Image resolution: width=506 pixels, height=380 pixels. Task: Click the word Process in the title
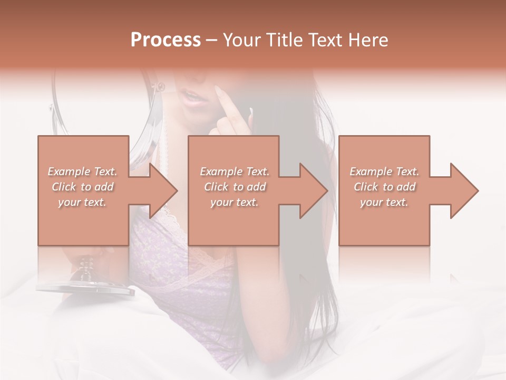(x=166, y=40)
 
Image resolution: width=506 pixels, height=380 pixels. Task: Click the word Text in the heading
(x=324, y=40)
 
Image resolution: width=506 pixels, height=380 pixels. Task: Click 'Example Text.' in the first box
(x=82, y=172)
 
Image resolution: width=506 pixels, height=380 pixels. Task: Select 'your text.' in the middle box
(x=234, y=202)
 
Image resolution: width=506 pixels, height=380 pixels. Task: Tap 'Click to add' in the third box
(x=385, y=187)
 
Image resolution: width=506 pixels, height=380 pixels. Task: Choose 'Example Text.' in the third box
(x=384, y=172)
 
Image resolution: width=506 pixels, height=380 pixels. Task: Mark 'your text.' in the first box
(x=82, y=202)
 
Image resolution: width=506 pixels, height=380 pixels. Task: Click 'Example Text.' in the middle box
(x=234, y=172)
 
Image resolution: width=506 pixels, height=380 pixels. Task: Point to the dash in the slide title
(x=212, y=40)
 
